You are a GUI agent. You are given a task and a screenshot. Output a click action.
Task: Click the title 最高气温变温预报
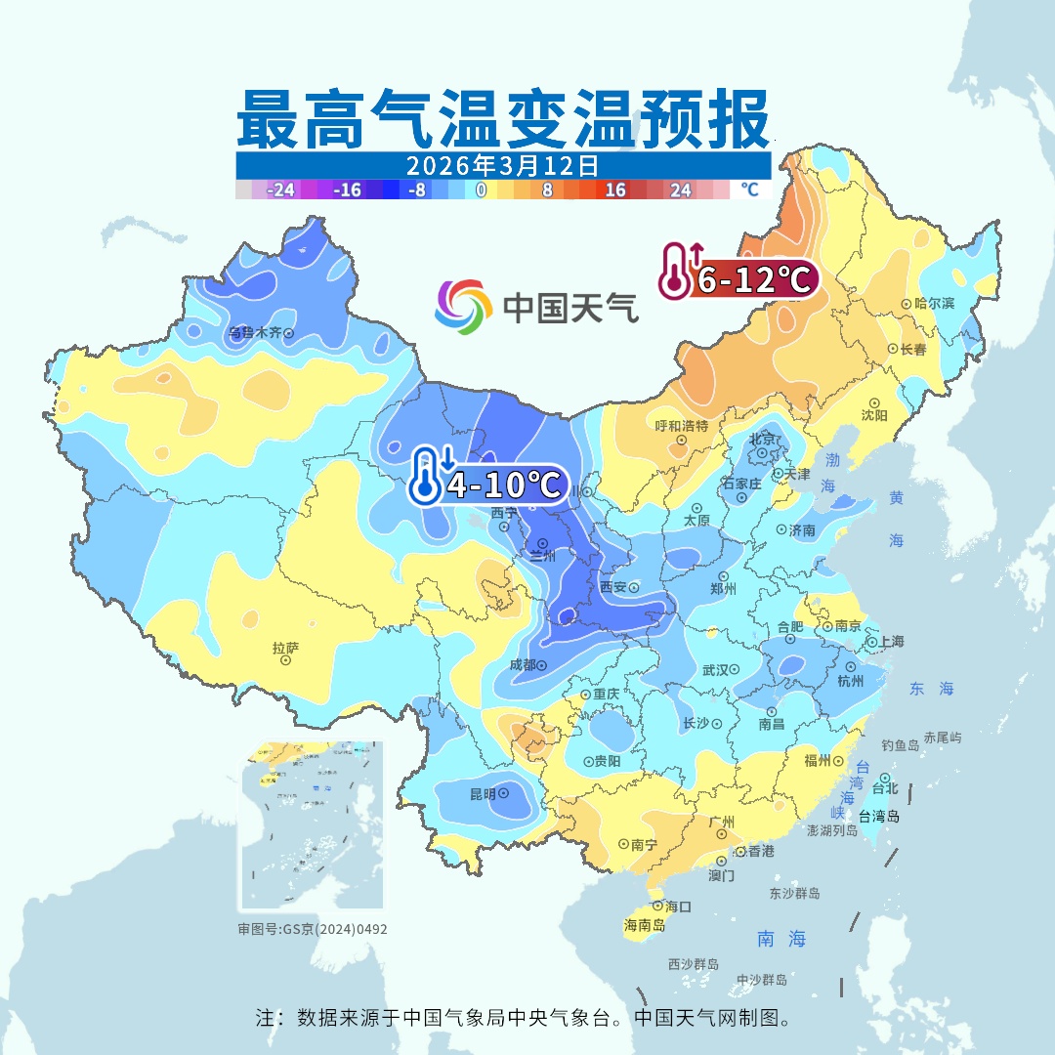503,119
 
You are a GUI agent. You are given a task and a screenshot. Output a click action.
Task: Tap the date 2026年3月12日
503,164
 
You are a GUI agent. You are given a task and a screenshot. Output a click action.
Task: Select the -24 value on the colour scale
281,190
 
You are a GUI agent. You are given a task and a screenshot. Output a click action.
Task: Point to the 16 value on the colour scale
614,190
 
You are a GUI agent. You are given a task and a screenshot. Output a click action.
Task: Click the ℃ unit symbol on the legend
749,190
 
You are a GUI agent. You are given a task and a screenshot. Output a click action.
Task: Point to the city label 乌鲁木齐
254,333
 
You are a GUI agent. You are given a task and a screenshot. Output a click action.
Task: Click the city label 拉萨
284,648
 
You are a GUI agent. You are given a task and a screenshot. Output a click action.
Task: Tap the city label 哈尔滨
934,304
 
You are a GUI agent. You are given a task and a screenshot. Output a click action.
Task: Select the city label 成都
523,665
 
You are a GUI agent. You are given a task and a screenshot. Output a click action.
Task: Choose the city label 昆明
483,794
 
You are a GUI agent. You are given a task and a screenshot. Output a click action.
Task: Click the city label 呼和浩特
681,426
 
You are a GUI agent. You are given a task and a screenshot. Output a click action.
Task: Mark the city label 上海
891,642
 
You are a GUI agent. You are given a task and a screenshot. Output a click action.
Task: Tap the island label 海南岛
645,925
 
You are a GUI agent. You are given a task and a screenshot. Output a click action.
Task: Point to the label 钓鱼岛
900,745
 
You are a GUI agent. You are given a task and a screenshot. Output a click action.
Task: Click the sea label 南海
781,940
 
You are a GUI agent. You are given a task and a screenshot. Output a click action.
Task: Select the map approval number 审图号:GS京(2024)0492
313,929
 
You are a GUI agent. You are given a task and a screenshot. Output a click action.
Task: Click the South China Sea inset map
311,825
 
